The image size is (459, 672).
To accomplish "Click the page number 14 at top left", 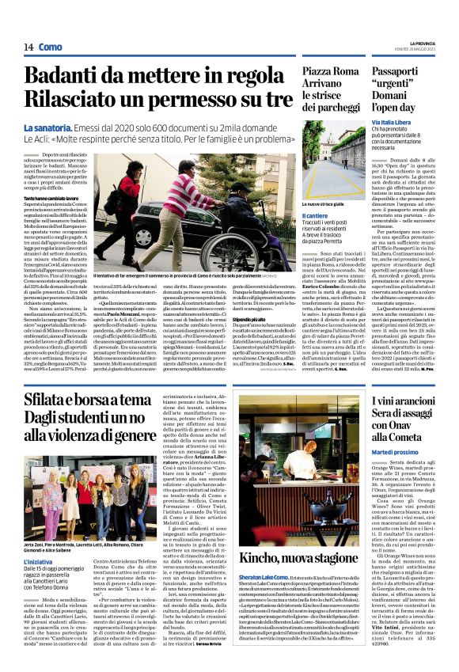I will pyautogui.click(x=27, y=47).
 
